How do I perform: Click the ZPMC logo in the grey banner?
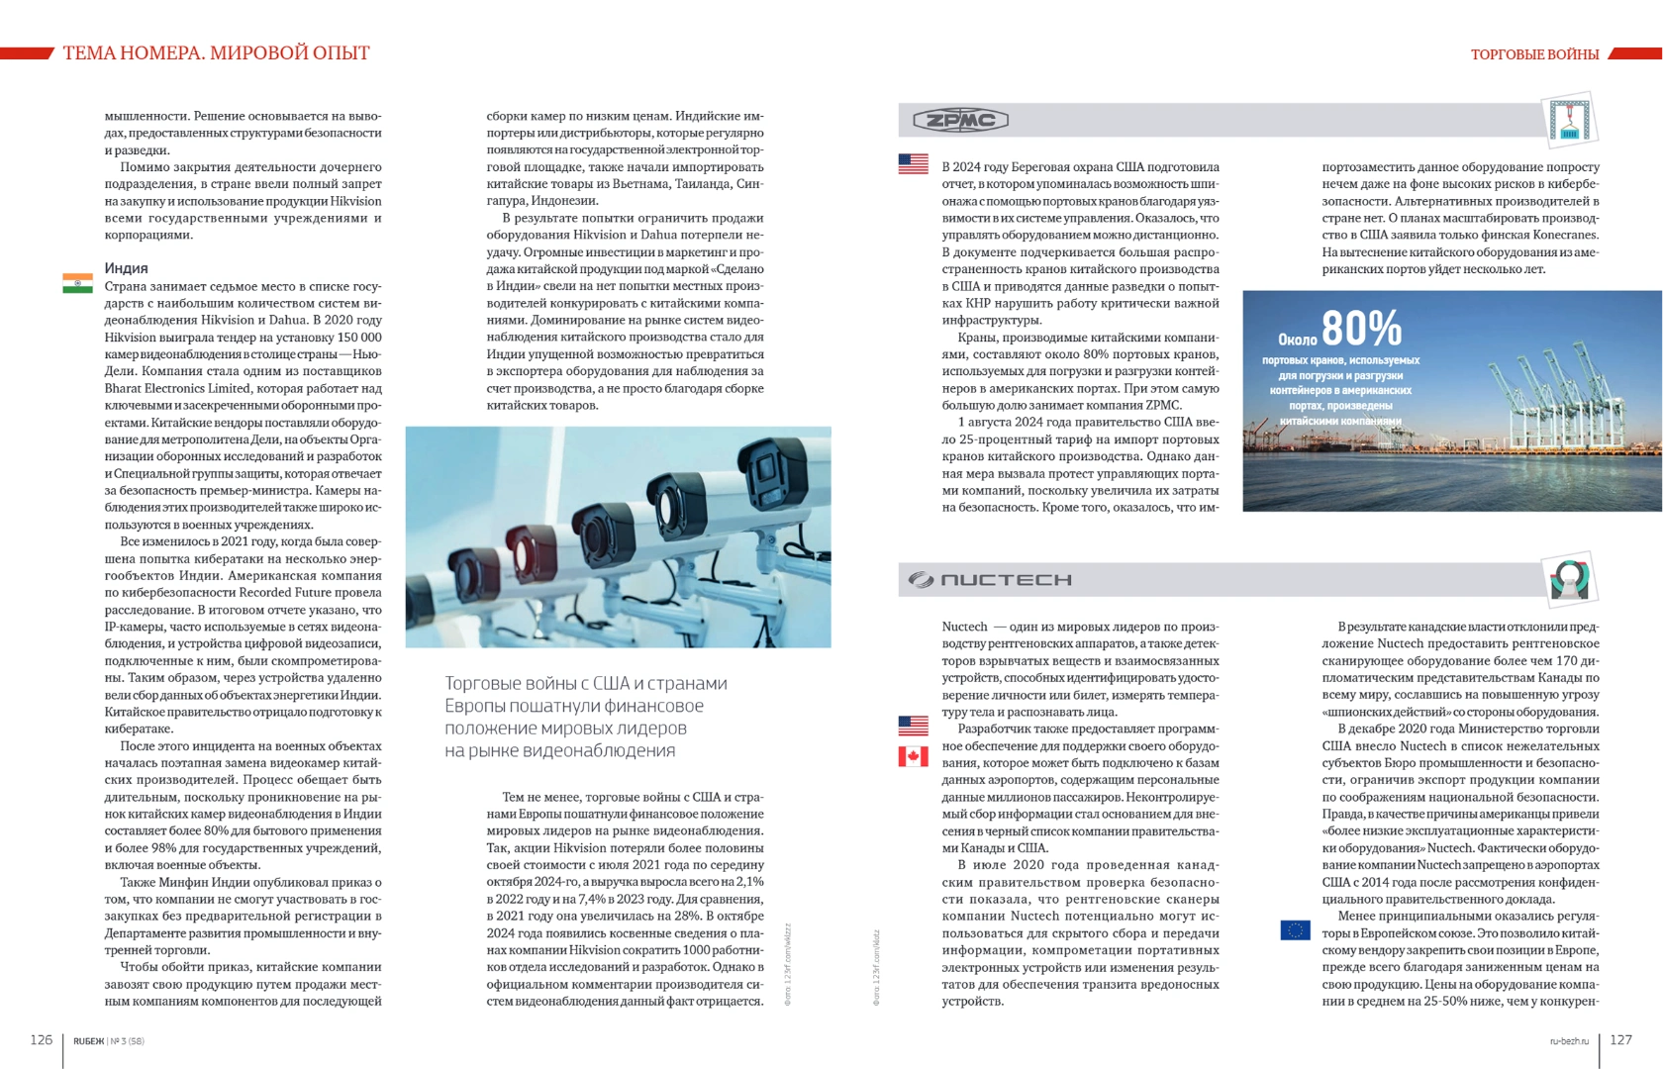[959, 121]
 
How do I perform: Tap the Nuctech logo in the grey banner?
[991, 580]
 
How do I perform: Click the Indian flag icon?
[77, 284]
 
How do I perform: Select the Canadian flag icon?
[913, 757]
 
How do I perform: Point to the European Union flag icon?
[1295, 930]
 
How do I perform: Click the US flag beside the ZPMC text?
[913, 164]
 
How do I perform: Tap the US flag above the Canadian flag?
[913, 726]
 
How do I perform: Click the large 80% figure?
[1361, 328]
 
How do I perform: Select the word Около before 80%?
[1297, 340]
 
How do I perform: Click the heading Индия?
[127, 268]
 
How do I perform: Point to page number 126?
[42, 1039]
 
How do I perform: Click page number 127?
[1620, 1039]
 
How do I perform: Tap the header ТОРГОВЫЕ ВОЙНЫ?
[1534, 54]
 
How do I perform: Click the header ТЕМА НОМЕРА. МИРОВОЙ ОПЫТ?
[216, 53]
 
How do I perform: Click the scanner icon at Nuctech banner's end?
[1569, 579]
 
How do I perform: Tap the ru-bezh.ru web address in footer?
[1569, 1041]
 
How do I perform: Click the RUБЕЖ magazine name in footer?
[88, 1041]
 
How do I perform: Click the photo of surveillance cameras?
[618, 537]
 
